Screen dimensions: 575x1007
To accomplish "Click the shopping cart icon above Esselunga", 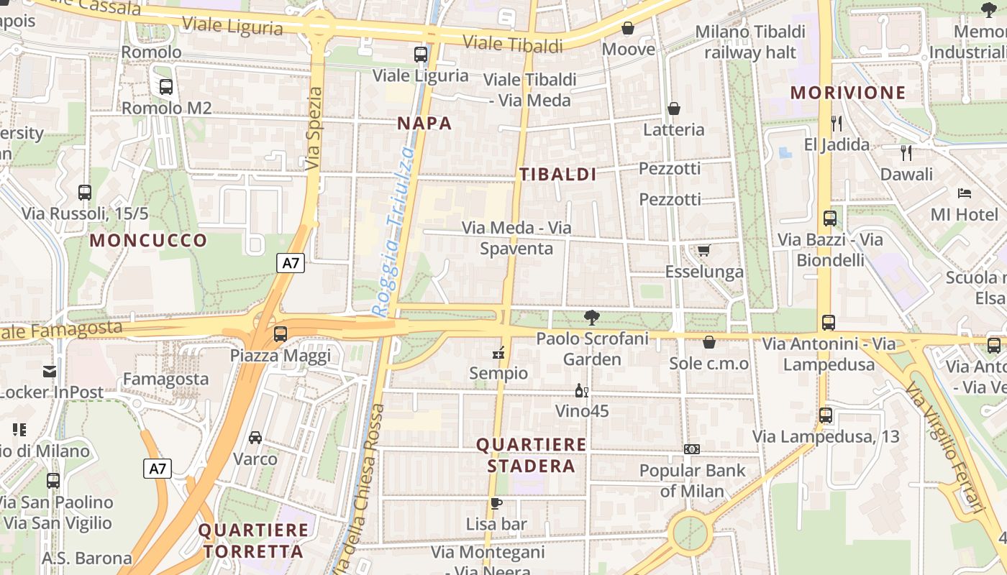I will click(703, 250).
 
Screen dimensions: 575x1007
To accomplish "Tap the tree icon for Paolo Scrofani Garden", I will click(592, 317).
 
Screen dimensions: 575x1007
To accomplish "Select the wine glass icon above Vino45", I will click(581, 391).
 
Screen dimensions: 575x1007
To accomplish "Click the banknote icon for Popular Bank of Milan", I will click(692, 449).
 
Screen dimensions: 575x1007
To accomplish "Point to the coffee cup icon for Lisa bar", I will click(496, 503).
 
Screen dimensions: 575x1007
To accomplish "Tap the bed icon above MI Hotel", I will click(965, 193).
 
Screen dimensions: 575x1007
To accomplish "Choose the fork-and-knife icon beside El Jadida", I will click(836, 124).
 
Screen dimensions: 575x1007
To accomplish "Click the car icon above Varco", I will click(255, 437).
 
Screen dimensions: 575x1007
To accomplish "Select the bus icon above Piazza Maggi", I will click(281, 334).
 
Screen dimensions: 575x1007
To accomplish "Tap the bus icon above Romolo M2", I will click(166, 87).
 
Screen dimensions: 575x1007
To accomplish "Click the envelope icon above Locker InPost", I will click(50, 372).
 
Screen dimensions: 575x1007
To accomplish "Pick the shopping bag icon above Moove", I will click(628, 28).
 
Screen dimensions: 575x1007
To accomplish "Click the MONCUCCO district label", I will click(149, 240).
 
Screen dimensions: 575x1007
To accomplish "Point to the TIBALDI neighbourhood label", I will click(558, 174).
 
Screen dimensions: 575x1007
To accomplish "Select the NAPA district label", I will click(424, 123).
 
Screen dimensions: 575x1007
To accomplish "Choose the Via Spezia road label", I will click(314, 129).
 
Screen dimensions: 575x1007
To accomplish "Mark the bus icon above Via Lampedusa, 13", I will click(826, 415).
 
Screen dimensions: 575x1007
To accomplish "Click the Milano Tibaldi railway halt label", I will click(750, 42).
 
